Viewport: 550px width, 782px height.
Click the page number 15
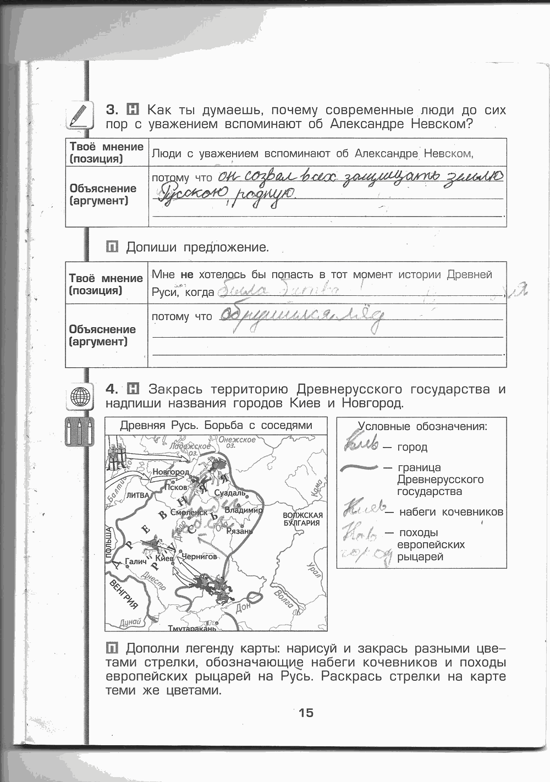point(306,713)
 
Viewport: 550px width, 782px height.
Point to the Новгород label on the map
point(170,472)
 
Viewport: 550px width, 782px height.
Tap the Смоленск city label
point(189,513)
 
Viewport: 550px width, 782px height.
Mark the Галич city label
point(135,561)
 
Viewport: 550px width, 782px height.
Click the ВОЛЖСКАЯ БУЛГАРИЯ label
point(302,519)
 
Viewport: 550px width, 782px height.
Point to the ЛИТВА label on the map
point(138,495)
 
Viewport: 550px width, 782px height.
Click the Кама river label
point(316,488)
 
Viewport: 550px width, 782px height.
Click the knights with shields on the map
point(114,455)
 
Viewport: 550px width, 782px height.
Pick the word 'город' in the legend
point(412,447)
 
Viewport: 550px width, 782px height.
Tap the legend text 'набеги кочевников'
point(451,512)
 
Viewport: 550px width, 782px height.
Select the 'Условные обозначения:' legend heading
point(422,426)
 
